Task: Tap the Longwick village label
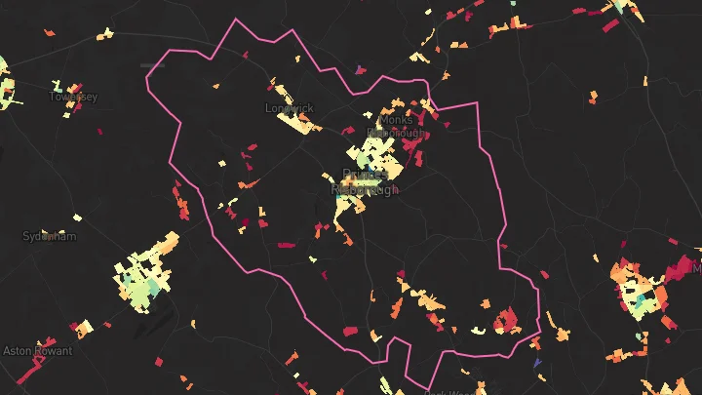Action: pos(289,108)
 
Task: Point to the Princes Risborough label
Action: pos(366,182)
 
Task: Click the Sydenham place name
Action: pos(49,236)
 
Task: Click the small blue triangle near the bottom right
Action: pos(537,364)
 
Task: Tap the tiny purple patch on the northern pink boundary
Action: pos(360,68)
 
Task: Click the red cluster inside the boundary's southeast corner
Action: pos(507,319)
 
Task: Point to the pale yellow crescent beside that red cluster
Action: pos(478,330)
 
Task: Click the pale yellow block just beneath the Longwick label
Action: pos(292,123)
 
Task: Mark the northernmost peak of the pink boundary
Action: pos(235,19)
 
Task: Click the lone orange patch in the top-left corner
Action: pos(50,31)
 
